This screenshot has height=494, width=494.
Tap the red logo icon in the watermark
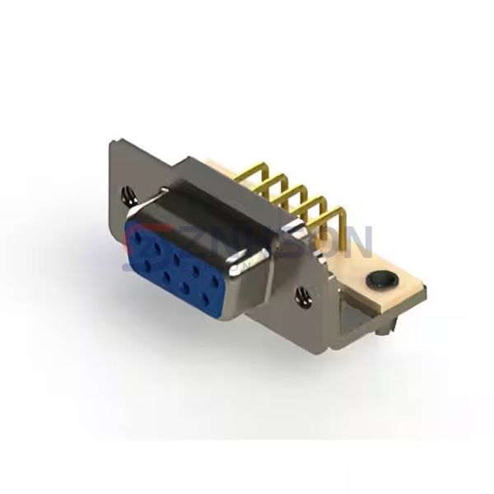(x=133, y=239)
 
